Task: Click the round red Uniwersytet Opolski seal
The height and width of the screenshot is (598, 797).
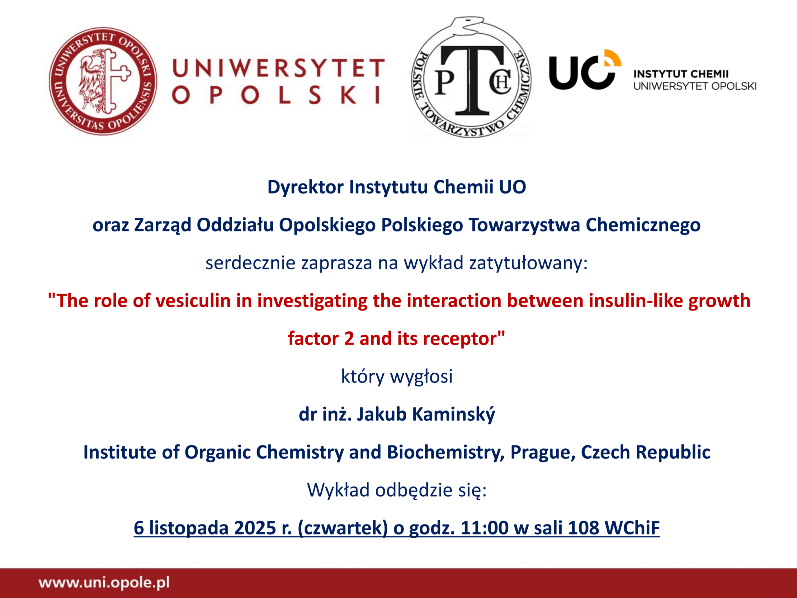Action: coord(103,81)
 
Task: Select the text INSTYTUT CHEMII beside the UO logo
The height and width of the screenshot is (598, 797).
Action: coord(681,74)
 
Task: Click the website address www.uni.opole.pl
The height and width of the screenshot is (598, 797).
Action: coord(104,582)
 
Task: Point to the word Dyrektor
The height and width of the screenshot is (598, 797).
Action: coord(305,187)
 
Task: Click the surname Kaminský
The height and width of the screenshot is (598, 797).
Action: coord(453,414)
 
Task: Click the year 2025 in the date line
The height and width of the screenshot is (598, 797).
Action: coord(255,528)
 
